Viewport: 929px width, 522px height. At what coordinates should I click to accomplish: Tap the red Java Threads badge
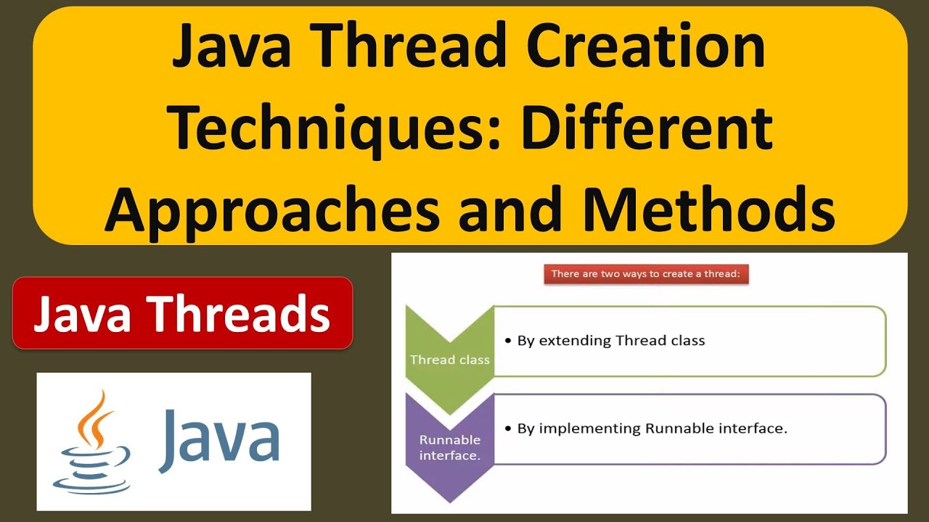182,313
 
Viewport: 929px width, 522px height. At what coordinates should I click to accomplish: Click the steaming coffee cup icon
92,464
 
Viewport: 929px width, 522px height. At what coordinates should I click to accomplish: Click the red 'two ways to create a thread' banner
646,274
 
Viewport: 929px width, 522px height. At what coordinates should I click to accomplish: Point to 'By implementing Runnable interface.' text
652,428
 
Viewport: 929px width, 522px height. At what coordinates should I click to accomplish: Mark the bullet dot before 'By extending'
508,341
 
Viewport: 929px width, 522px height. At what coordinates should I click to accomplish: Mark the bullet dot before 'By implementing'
508,429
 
